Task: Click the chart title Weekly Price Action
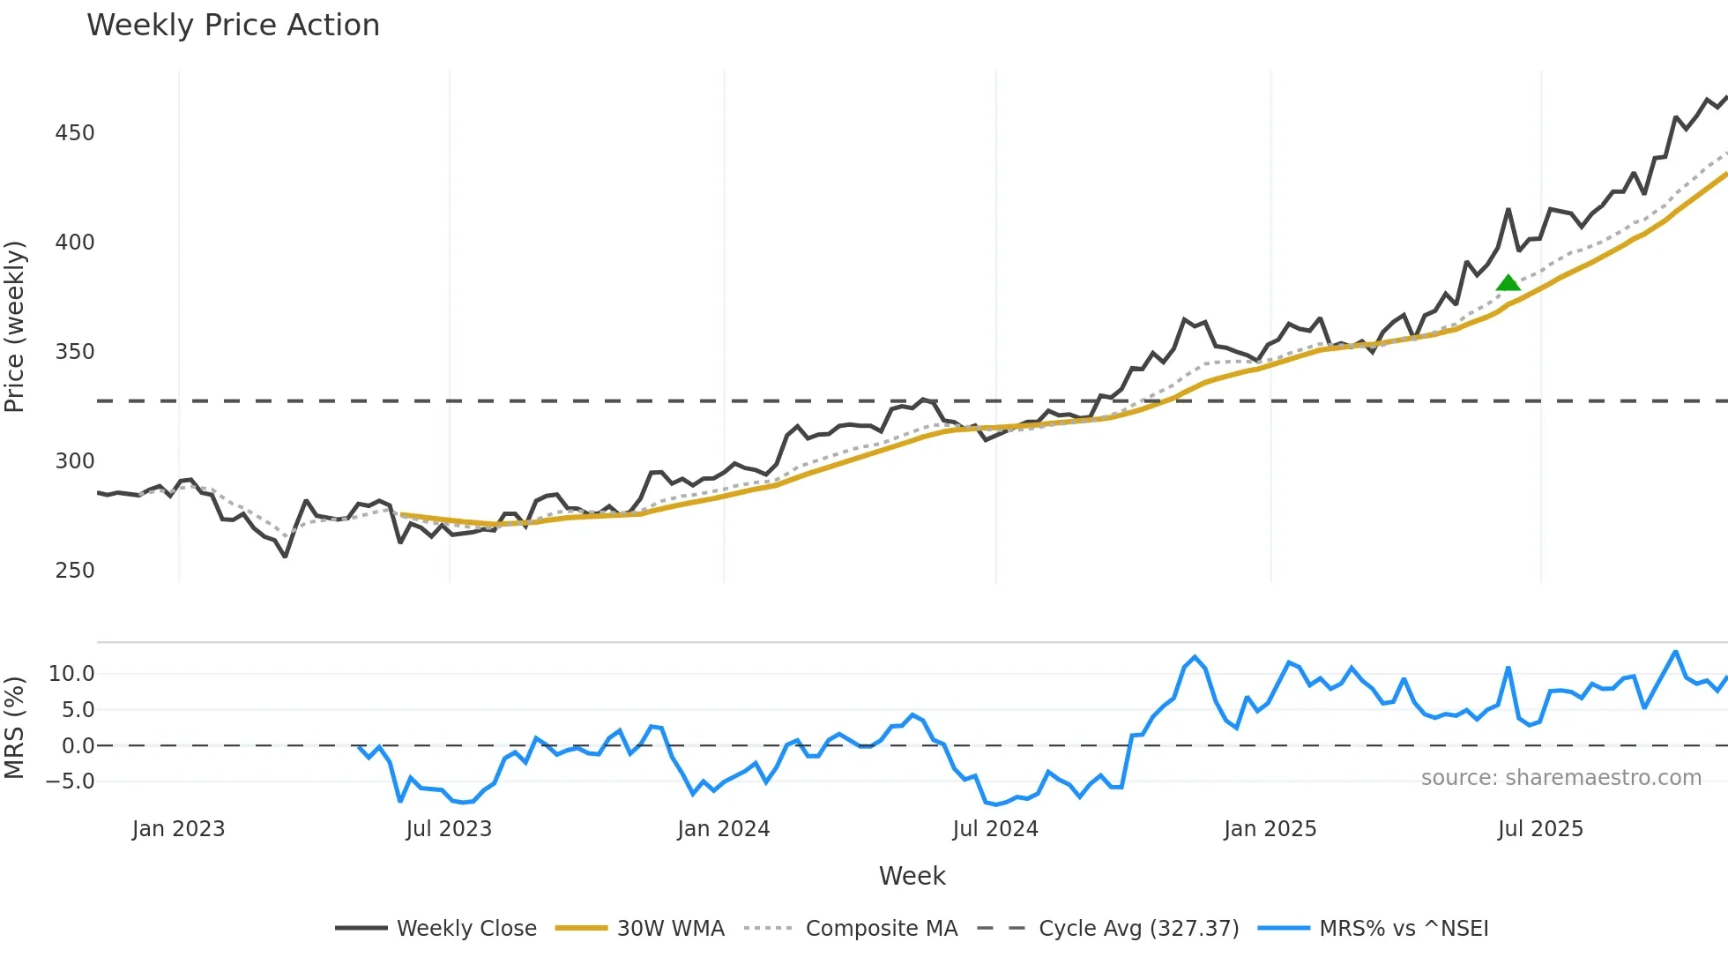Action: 233,26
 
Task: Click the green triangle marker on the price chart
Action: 1508,283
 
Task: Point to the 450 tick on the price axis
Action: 74,133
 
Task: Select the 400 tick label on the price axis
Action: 74,243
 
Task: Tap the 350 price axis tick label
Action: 74,352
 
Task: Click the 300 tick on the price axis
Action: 74,461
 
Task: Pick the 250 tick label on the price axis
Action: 74,571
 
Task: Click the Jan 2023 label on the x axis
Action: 178,829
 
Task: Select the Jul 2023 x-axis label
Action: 449,829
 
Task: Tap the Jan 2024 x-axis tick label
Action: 723,829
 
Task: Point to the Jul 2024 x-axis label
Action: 995,829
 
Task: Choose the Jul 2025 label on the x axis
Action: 1540,829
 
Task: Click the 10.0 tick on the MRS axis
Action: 71,674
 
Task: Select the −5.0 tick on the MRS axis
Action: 71,781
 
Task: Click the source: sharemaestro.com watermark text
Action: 1560,778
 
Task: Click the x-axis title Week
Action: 912,876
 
